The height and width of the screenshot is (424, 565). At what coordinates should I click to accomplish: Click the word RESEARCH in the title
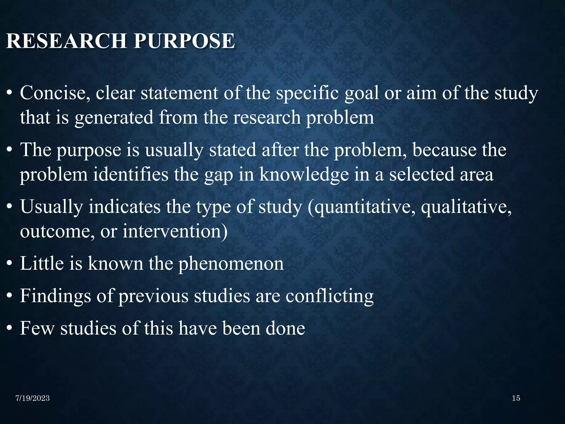66,41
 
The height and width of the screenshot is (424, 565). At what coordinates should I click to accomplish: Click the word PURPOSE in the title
184,41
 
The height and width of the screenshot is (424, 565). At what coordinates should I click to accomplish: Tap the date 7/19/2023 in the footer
33,398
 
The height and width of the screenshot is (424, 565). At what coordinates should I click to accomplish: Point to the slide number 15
516,398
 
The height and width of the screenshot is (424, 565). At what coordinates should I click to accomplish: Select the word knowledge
304,175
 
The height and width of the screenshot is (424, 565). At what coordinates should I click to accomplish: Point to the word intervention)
175,231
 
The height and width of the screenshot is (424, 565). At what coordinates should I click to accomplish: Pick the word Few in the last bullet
37,328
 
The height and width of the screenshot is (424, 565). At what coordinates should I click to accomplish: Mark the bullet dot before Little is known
10,264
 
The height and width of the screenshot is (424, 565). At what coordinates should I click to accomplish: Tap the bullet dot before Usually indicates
10,208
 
